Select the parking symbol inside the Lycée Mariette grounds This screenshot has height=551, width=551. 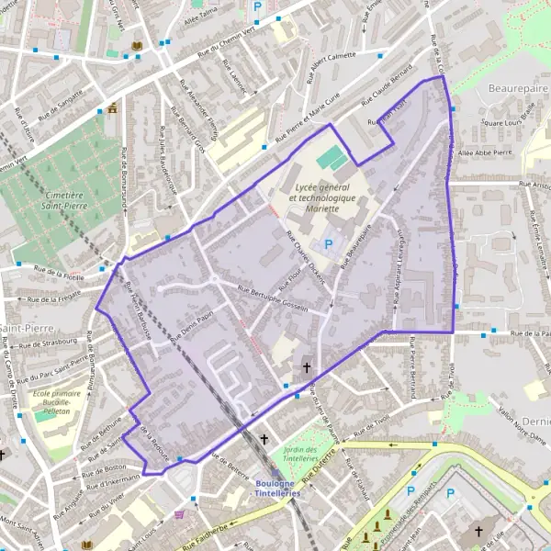[x=329, y=244]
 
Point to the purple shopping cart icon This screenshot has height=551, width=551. [x=179, y=514]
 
